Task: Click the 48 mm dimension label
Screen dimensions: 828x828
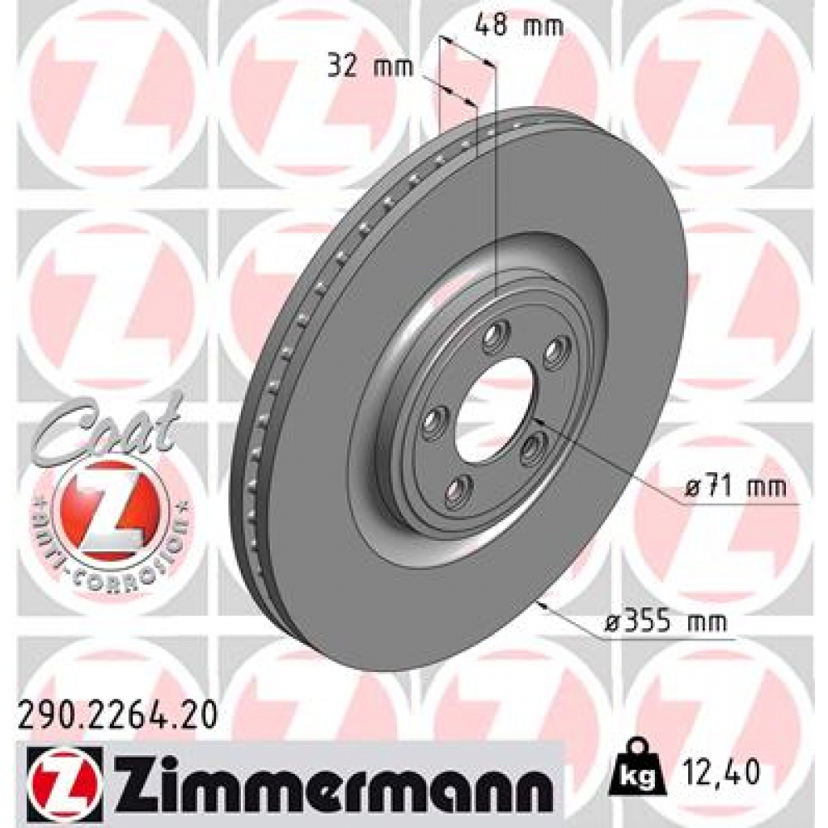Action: (x=518, y=26)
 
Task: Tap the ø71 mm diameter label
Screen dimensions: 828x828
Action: (x=734, y=488)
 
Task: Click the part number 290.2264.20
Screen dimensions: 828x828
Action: (x=116, y=716)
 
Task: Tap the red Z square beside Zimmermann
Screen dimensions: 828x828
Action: (x=64, y=778)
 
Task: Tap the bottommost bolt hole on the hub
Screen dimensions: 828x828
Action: (x=458, y=491)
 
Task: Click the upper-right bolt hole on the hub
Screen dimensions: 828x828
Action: (x=556, y=353)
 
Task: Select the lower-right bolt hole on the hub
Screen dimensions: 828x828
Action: (x=534, y=447)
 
